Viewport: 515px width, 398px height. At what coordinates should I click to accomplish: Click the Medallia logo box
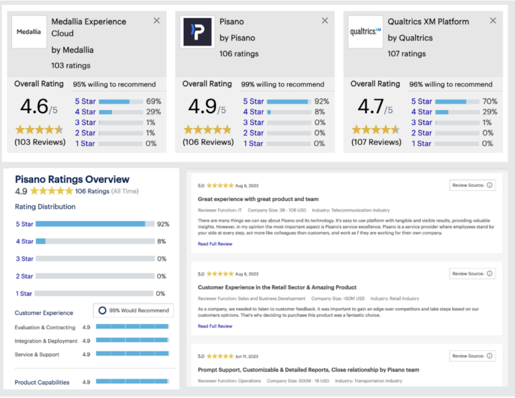[x=29, y=31]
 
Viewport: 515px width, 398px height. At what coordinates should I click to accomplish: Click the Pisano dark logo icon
[x=197, y=31]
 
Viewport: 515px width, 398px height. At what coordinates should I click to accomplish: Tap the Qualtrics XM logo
[x=365, y=31]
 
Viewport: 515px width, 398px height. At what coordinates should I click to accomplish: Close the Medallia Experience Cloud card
[x=157, y=21]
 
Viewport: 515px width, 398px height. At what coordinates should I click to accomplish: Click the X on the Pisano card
[x=325, y=21]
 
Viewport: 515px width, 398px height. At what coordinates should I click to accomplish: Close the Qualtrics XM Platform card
[x=494, y=21]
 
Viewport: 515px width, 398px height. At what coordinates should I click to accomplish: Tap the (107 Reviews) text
[x=376, y=142]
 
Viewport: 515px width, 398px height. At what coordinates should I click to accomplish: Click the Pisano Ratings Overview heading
[x=72, y=179]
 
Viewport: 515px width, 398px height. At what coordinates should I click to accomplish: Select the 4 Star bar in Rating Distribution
[x=94, y=241]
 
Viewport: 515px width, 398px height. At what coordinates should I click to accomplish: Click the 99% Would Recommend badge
[x=133, y=310]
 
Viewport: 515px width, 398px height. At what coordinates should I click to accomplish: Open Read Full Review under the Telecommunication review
[x=215, y=244]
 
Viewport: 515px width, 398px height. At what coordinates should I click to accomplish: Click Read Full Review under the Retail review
[x=215, y=326]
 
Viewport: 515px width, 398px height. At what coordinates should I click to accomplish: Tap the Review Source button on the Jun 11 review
[x=472, y=356]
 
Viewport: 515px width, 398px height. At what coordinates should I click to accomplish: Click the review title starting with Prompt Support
[x=309, y=370]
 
